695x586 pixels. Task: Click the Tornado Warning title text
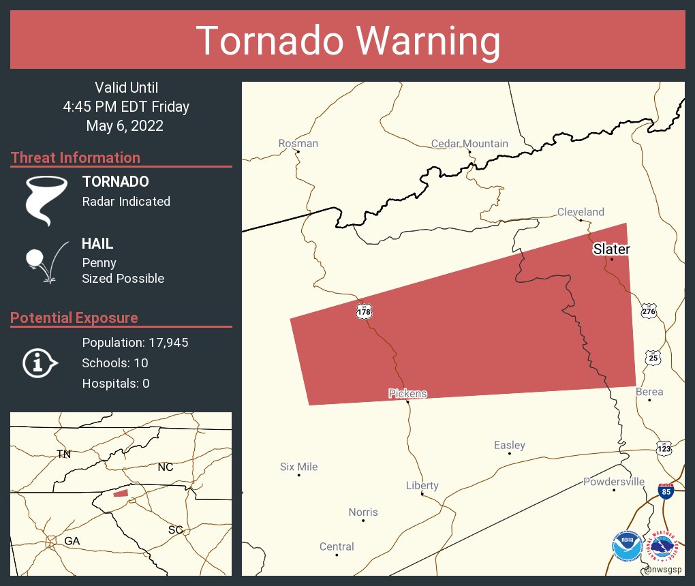tap(347, 41)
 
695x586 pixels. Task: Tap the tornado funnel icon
tap(46, 200)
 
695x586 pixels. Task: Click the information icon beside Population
tap(40, 363)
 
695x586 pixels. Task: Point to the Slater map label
tap(611, 249)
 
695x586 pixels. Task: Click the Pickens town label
tap(407, 393)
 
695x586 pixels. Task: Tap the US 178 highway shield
tap(363, 311)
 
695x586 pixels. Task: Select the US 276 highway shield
tap(649, 311)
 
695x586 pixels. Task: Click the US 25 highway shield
tap(653, 358)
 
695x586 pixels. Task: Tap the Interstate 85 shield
tap(666, 492)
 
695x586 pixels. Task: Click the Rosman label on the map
tap(298, 143)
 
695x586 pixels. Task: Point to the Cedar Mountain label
tap(469, 143)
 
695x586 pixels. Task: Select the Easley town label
tap(509, 445)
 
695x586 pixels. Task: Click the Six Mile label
tap(298, 467)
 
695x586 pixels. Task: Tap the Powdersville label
tap(613, 482)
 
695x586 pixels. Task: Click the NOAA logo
tap(626, 546)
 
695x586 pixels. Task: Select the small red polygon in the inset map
tap(121, 493)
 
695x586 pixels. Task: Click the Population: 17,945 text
tap(135, 342)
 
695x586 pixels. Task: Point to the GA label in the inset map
tap(72, 540)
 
